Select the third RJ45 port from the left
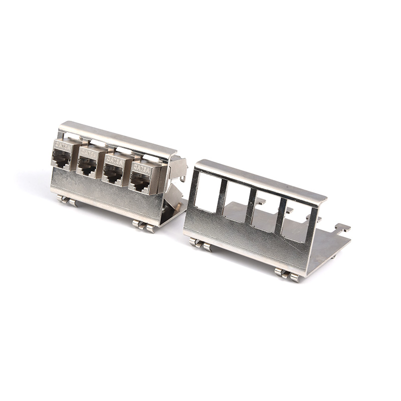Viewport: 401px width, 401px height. coord(113,175)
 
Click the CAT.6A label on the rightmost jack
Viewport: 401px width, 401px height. coord(142,168)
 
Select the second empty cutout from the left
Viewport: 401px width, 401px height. coord(236,200)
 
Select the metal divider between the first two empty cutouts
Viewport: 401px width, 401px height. coord(221,194)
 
